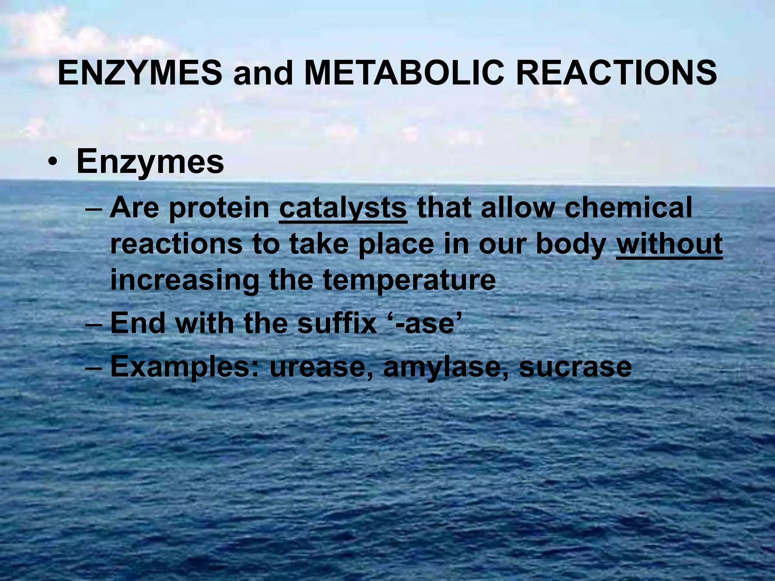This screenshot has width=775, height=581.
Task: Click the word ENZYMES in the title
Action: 140,73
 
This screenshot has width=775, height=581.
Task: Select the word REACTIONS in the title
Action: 616,73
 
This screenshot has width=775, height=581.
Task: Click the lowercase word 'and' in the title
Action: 263,74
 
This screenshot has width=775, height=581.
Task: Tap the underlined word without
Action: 669,244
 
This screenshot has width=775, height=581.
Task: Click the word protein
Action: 219,209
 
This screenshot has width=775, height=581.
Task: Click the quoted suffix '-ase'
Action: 426,324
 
